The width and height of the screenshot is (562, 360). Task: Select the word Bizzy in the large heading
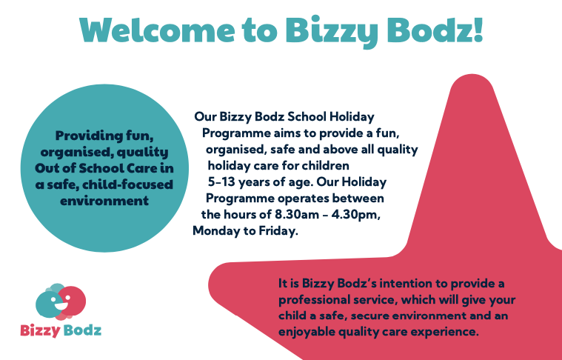332,32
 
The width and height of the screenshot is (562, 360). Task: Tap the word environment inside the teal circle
104,201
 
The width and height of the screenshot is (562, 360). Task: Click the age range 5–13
222,182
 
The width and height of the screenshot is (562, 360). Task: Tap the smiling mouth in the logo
60,305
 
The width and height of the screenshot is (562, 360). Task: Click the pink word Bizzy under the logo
40,330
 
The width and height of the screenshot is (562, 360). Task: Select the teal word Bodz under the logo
81,330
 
